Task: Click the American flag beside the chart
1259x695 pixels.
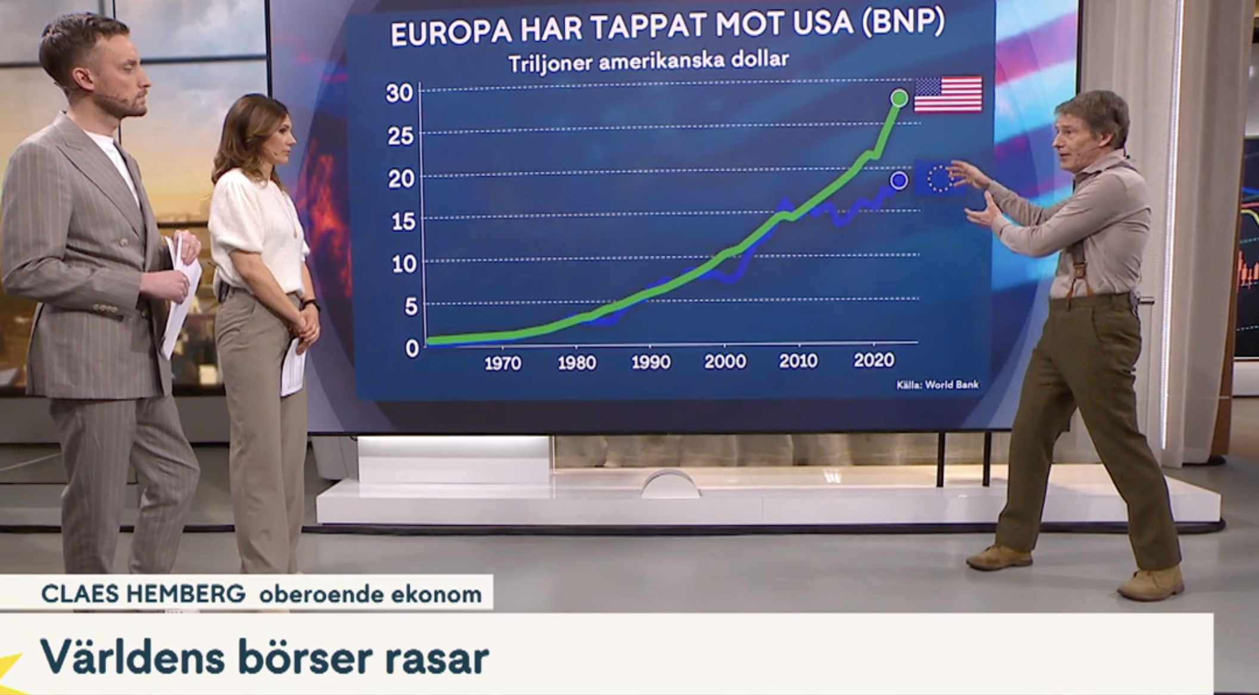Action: (x=948, y=94)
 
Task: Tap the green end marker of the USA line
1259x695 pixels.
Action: (x=899, y=98)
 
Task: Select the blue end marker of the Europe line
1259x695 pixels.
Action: (x=899, y=180)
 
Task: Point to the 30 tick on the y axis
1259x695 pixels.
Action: (x=399, y=93)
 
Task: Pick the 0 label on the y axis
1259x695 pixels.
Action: (x=412, y=349)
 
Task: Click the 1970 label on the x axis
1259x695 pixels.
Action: (x=503, y=363)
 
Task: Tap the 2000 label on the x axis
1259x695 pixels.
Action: (x=725, y=361)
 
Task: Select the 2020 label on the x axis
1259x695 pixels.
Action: (x=874, y=360)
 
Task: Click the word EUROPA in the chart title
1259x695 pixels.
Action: (x=451, y=33)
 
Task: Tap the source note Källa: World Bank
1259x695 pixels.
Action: (x=937, y=385)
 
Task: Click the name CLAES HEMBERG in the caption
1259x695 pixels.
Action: (x=144, y=594)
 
